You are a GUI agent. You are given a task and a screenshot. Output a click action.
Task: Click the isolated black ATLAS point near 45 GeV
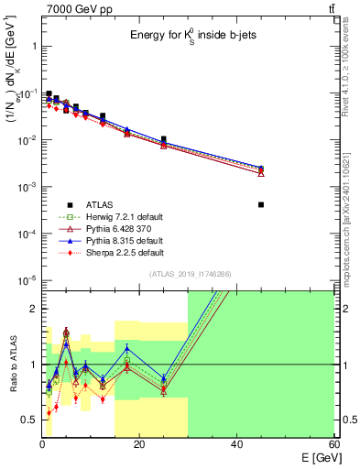261,204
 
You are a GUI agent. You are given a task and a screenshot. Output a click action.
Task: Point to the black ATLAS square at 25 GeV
164,139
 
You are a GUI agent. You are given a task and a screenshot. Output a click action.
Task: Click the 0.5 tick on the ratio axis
30,420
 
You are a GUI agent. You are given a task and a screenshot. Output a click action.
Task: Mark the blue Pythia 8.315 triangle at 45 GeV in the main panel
261,168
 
